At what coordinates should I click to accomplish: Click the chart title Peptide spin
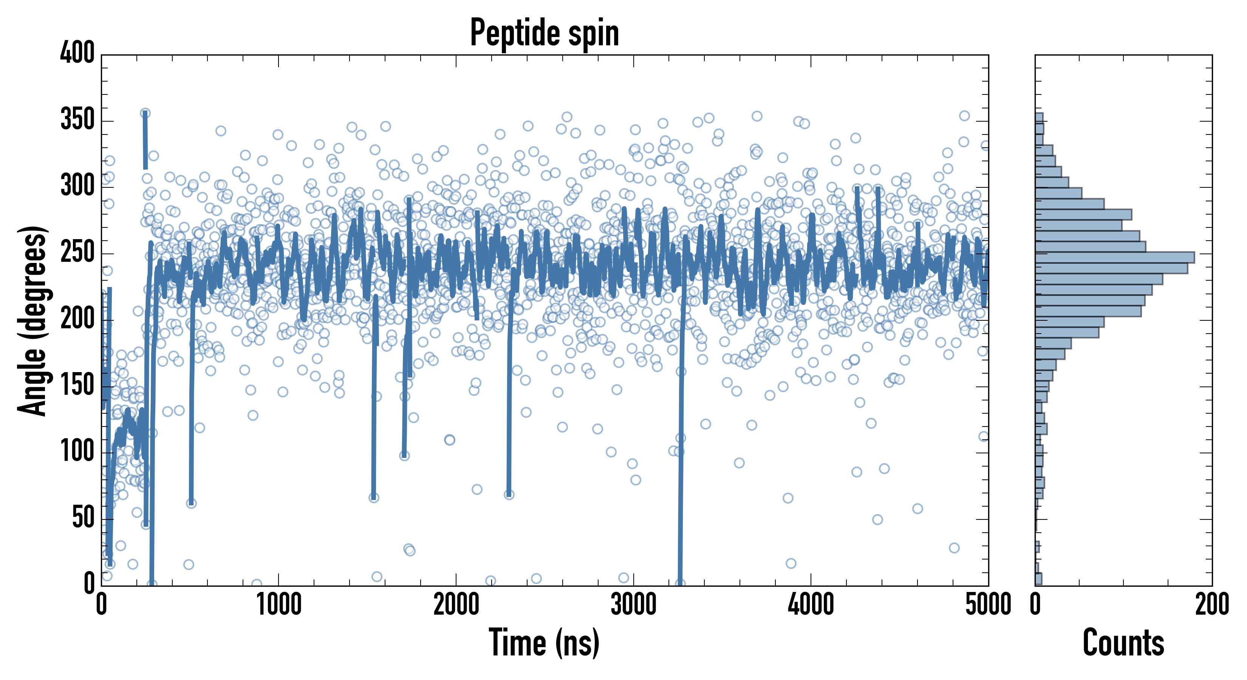coord(544,33)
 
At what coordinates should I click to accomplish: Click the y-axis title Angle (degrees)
coord(33,320)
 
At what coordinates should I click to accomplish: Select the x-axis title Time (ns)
coord(544,642)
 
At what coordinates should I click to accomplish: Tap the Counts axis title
coord(1123,642)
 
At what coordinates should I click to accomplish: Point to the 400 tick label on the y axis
coord(77,53)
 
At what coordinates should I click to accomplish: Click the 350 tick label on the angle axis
coord(77,119)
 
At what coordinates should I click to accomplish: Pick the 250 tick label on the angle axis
coord(77,253)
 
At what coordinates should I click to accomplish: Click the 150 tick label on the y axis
coord(77,386)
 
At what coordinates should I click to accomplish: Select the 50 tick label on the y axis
coord(83,518)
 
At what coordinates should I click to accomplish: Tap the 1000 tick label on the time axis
coord(279,605)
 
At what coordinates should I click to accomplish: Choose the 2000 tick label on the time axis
coord(456,605)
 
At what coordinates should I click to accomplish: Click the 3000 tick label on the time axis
coord(633,605)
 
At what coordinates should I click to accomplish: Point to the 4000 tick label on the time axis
coord(811,605)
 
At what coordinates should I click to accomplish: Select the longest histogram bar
coord(1114,257)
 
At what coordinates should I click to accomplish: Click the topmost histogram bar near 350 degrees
coord(1039,117)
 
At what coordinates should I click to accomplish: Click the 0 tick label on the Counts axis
coord(1035,605)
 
